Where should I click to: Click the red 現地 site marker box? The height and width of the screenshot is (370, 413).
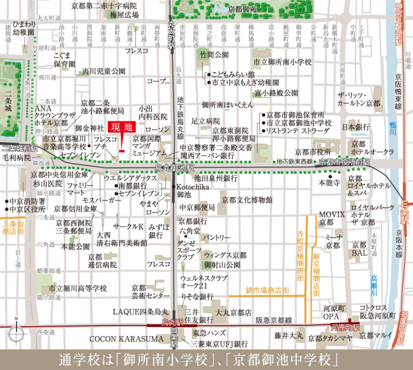coord(120,127)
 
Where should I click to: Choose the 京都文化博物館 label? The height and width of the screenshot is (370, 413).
coord(247,200)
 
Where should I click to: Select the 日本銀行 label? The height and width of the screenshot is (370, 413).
coord(356,127)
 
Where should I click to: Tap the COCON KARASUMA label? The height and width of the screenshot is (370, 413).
coord(120,339)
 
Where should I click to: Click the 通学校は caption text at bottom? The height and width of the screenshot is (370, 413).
coord(206,358)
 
